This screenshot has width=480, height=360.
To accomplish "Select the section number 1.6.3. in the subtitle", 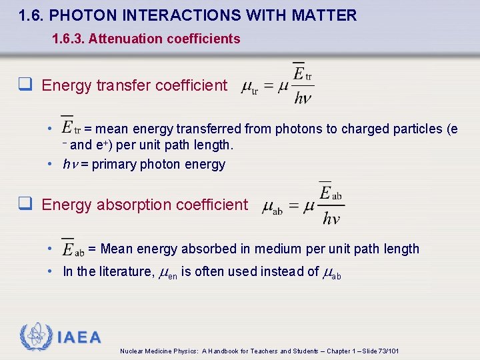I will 68,39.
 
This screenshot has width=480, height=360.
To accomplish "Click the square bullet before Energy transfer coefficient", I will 25,85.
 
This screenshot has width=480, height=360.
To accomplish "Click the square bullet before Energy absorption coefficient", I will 25,205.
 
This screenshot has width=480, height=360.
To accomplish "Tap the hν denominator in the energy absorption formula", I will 332,219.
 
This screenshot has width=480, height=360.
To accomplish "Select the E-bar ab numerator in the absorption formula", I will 331,193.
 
